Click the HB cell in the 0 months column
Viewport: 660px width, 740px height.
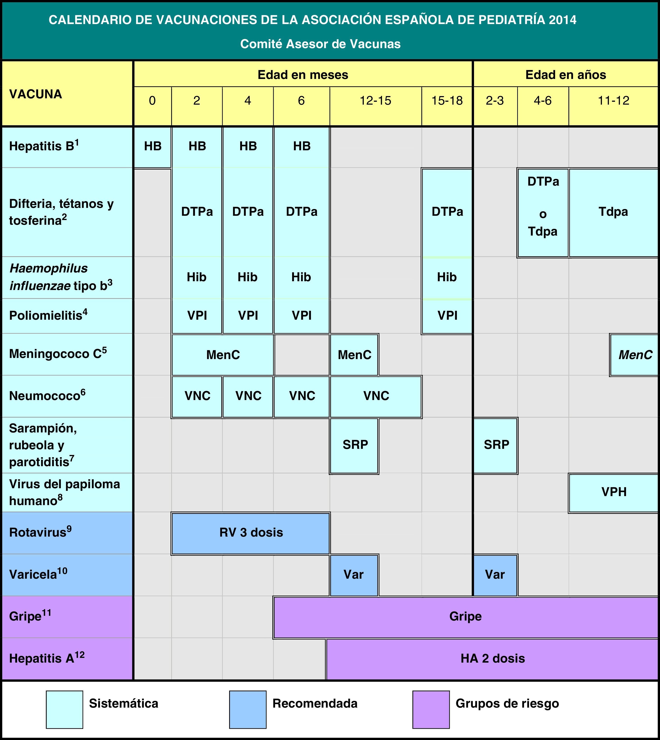click(x=153, y=146)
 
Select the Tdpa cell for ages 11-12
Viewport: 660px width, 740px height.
click(x=613, y=212)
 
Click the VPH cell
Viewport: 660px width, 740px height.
click(x=614, y=492)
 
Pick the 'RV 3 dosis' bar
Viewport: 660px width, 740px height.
click(x=251, y=533)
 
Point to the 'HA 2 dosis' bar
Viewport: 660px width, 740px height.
click(x=492, y=658)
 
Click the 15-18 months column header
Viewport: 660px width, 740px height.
click(x=447, y=101)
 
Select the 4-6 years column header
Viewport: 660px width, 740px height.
click(x=543, y=101)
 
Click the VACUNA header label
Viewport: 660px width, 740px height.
click(x=36, y=94)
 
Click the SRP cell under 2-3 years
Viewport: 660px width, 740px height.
click(x=496, y=445)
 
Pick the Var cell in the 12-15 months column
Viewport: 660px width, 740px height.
click(x=354, y=575)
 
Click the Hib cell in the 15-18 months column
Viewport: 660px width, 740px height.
click(x=447, y=277)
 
